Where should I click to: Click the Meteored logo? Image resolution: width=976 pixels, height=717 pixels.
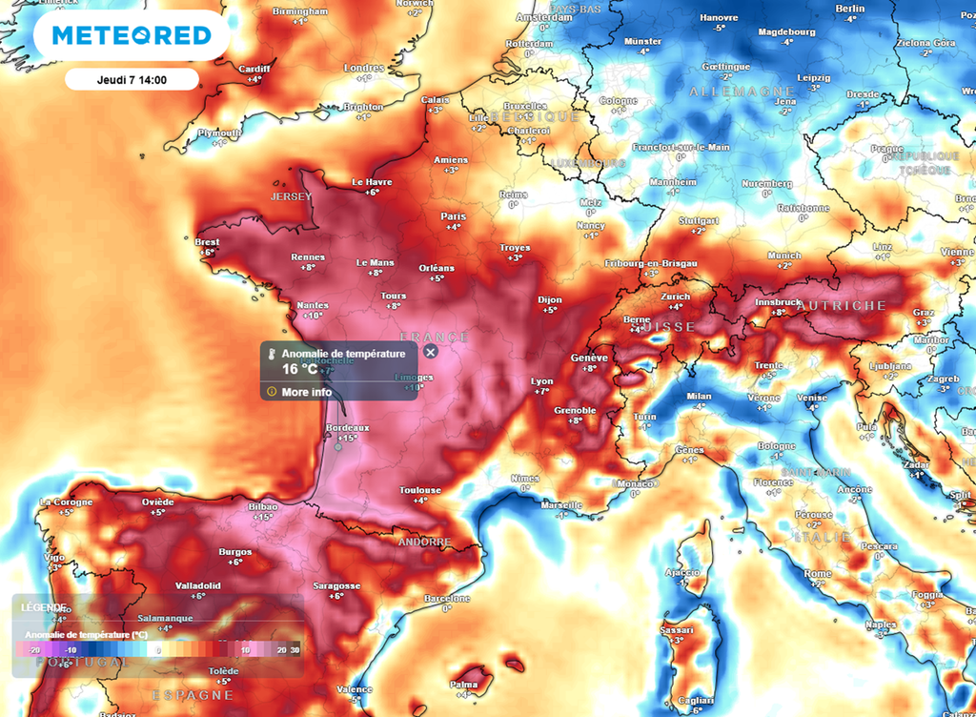click(131, 35)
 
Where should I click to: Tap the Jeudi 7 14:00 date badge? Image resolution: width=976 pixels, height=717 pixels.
click(132, 79)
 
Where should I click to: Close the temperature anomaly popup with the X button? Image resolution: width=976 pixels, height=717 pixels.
click(430, 352)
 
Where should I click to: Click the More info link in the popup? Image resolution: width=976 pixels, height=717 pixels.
click(307, 391)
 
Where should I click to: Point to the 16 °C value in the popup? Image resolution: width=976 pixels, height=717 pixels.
click(299, 369)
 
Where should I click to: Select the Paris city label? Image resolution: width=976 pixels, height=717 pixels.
click(453, 216)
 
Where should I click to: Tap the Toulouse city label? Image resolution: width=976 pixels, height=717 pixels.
click(420, 490)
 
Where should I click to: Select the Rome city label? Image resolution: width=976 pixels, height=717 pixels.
click(817, 573)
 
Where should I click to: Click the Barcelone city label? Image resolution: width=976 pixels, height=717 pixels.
click(447, 598)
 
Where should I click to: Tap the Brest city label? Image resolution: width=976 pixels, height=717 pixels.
click(207, 242)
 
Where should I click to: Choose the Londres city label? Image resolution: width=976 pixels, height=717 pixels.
click(363, 68)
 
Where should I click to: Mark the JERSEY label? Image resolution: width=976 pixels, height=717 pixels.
click(291, 196)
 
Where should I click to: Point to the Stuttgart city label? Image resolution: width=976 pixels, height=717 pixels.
click(698, 220)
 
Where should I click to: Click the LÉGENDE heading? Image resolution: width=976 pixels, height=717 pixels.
click(44, 607)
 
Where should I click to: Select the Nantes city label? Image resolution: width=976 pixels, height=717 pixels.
click(312, 305)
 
